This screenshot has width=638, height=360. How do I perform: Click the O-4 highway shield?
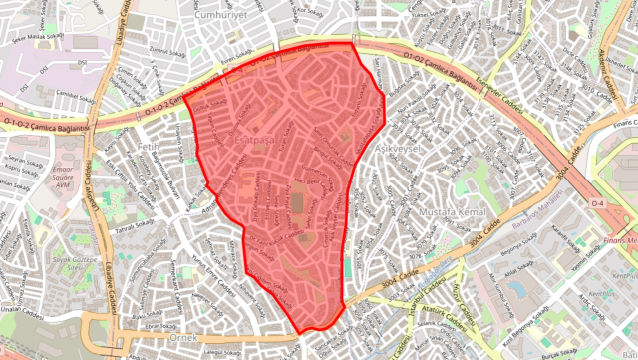(598, 203)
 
